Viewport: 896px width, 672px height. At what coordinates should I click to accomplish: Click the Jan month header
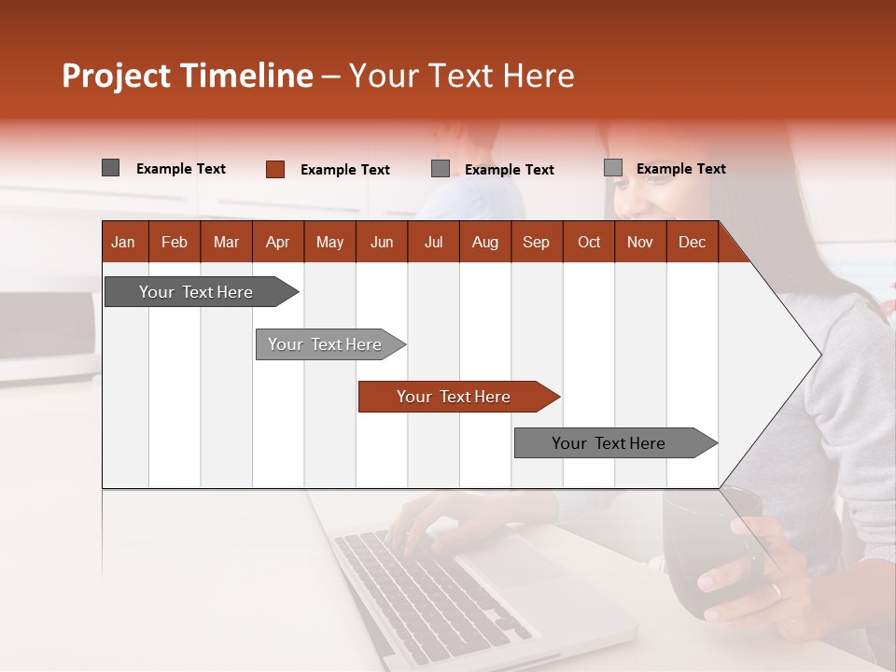pos(123,242)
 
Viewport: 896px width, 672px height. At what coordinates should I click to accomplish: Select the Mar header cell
pos(226,242)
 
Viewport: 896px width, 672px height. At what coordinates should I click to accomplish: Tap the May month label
pos(329,242)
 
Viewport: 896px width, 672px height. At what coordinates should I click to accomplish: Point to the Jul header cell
pos(433,242)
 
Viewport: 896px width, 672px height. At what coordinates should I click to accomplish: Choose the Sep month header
pos(536,242)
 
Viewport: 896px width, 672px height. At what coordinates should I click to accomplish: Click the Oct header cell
pos(589,242)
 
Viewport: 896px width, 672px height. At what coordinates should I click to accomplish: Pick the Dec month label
pos(692,242)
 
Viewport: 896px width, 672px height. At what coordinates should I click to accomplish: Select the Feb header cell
pos(175,242)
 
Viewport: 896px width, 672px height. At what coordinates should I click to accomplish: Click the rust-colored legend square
pos(274,169)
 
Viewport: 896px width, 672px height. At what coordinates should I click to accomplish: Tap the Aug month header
pos(484,242)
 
